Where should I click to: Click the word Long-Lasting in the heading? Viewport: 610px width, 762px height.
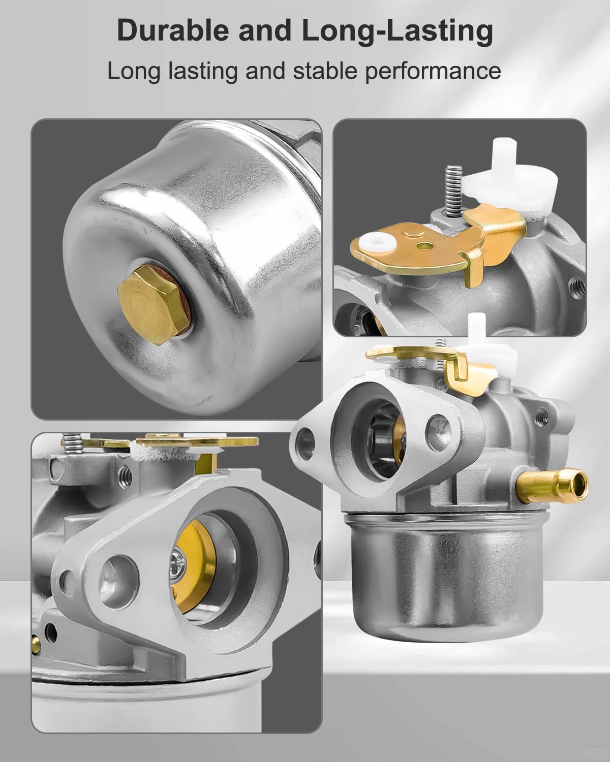coord(398,31)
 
